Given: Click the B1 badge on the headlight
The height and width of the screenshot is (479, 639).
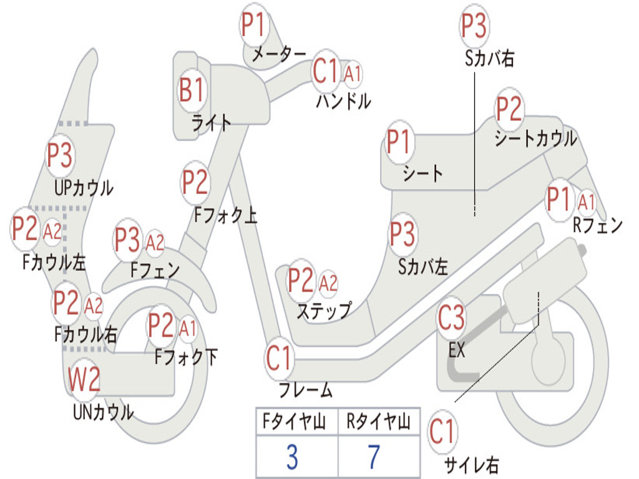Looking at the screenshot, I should click(x=192, y=91).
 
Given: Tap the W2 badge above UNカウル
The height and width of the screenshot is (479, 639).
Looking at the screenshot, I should click(x=84, y=380).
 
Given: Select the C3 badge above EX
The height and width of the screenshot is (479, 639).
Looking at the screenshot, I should click(x=451, y=319).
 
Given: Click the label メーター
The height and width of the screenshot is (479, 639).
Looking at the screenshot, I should click(x=278, y=55).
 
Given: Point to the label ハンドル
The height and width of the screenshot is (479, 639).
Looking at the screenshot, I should click(x=343, y=101).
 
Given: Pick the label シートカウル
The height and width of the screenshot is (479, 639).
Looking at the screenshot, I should click(x=535, y=139).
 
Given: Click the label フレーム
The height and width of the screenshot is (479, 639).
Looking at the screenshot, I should click(x=306, y=391).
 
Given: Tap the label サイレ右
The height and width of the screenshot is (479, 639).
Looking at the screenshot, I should click(x=471, y=465).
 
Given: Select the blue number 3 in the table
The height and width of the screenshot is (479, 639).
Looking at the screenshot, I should click(x=292, y=458).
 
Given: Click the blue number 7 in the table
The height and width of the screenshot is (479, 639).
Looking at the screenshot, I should click(x=374, y=458).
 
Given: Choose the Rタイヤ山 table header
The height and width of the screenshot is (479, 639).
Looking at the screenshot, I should click(x=378, y=422).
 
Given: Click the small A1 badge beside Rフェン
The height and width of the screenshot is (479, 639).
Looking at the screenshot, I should click(x=587, y=201).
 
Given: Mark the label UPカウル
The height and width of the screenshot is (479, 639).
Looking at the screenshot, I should click(x=84, y=187).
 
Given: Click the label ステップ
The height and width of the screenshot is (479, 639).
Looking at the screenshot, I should click(x=323, y=310).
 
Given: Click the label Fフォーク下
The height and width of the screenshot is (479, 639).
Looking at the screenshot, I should click(x=186, y=357).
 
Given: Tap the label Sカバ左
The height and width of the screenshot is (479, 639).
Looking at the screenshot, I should click(x=423, y=267).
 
